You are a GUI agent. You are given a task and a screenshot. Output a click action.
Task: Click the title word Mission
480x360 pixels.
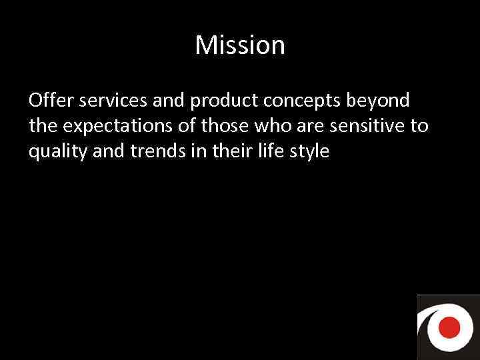click(x=240, y=45)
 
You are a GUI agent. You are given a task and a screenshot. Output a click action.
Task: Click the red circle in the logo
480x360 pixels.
click(x=451, y=327)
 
